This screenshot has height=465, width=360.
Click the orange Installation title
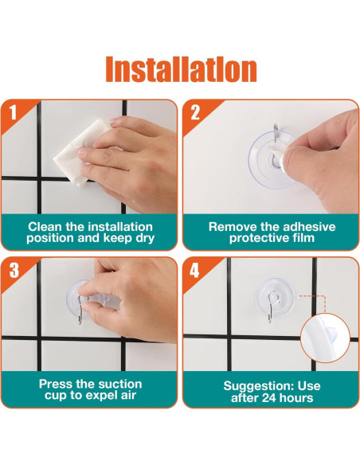[x=181, y=69]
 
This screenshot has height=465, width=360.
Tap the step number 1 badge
[x=13, y=113]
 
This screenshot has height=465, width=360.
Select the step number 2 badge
[x=195, y=113]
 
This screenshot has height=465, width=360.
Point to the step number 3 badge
[x=14, y=270]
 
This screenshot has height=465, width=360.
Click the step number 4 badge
[x=194, y=270]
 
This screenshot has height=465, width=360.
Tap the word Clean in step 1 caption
[x=45, y=227]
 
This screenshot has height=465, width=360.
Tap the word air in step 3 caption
[x=128, y=395]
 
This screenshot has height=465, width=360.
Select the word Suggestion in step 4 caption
[x=259, y=386]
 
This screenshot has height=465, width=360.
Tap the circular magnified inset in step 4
[x=325, y=338]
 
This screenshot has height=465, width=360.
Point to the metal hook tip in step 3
[x=80, y=322]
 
